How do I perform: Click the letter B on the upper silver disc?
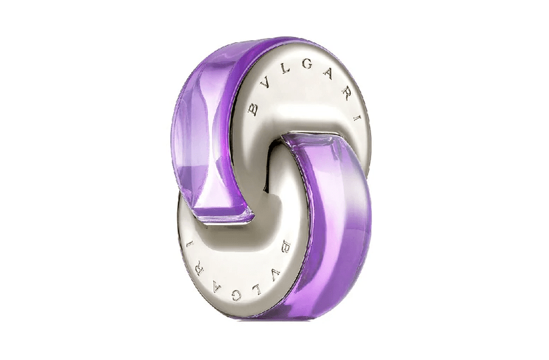pos(253,109)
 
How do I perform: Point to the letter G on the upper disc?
pos(306,65)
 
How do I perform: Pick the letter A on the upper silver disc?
pos(328,74)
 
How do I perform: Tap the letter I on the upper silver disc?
pos(356,118)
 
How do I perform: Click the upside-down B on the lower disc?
pos(286,246)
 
